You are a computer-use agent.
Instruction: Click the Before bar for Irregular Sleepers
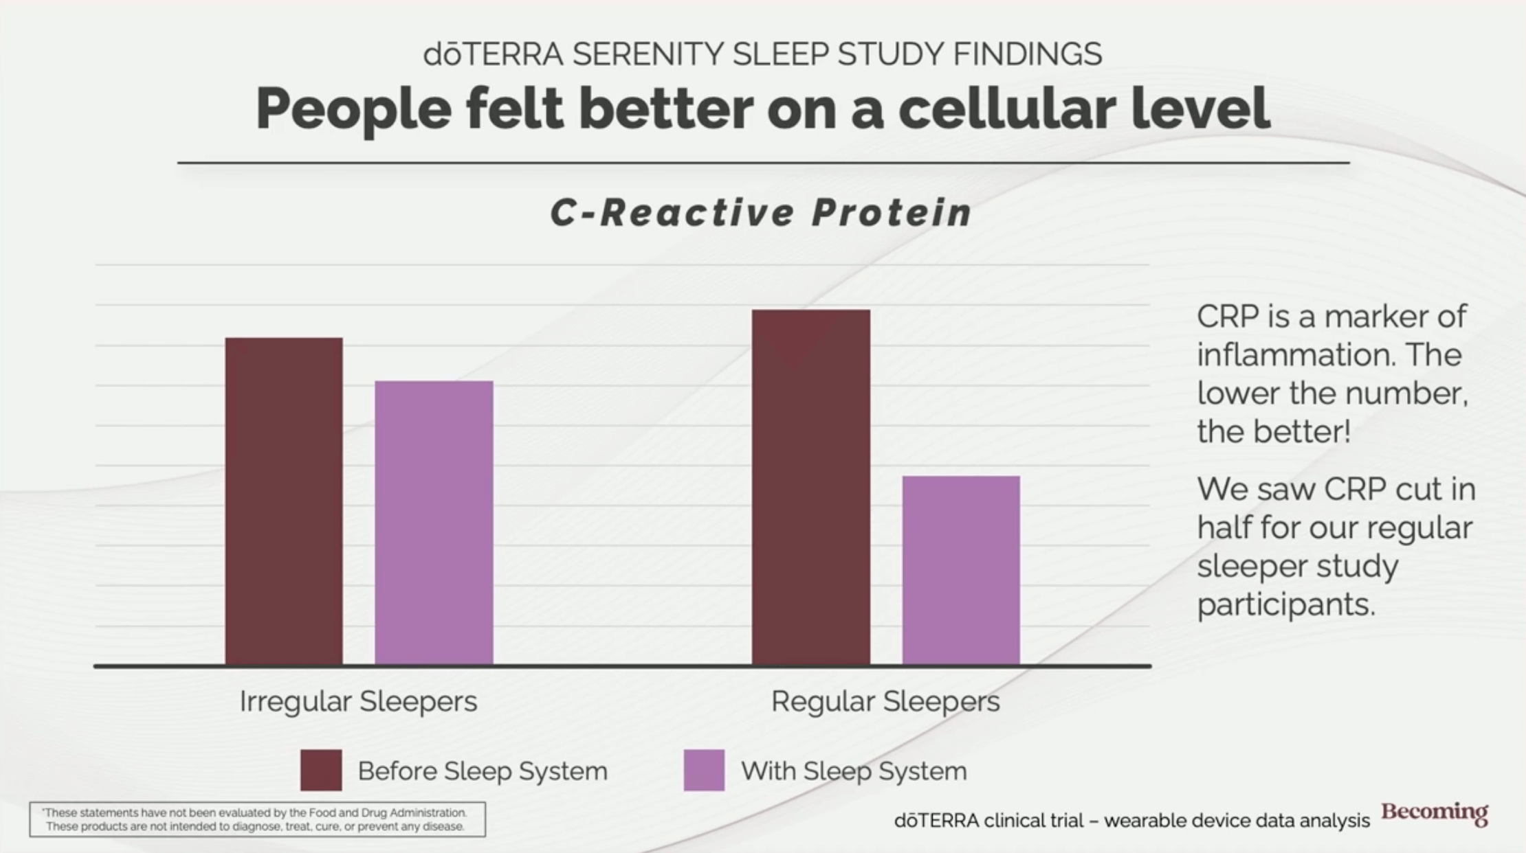(x=284, y=501)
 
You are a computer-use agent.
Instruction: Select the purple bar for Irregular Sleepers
(x=434, y=523)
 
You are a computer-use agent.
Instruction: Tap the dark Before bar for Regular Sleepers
(x=811, y=487)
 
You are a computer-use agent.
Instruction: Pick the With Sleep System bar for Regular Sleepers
(x=961, y=570)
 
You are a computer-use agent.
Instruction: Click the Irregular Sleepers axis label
(x=358, y=701)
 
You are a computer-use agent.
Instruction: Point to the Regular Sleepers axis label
(x=885, y=701)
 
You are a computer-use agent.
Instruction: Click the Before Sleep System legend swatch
(x=321, y=771)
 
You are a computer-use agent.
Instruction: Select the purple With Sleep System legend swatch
(x=704, y=771)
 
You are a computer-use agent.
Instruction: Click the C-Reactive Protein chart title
(x=762, y=212)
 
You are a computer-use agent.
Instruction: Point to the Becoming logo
(x=1435, y=812)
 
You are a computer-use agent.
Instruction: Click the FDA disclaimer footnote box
(x=257, y=819)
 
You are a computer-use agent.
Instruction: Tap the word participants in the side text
(x=1286, y=605)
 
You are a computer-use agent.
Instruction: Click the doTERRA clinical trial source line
(x=1131, y=821)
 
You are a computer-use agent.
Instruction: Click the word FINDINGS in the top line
(x=1028, y=54)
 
